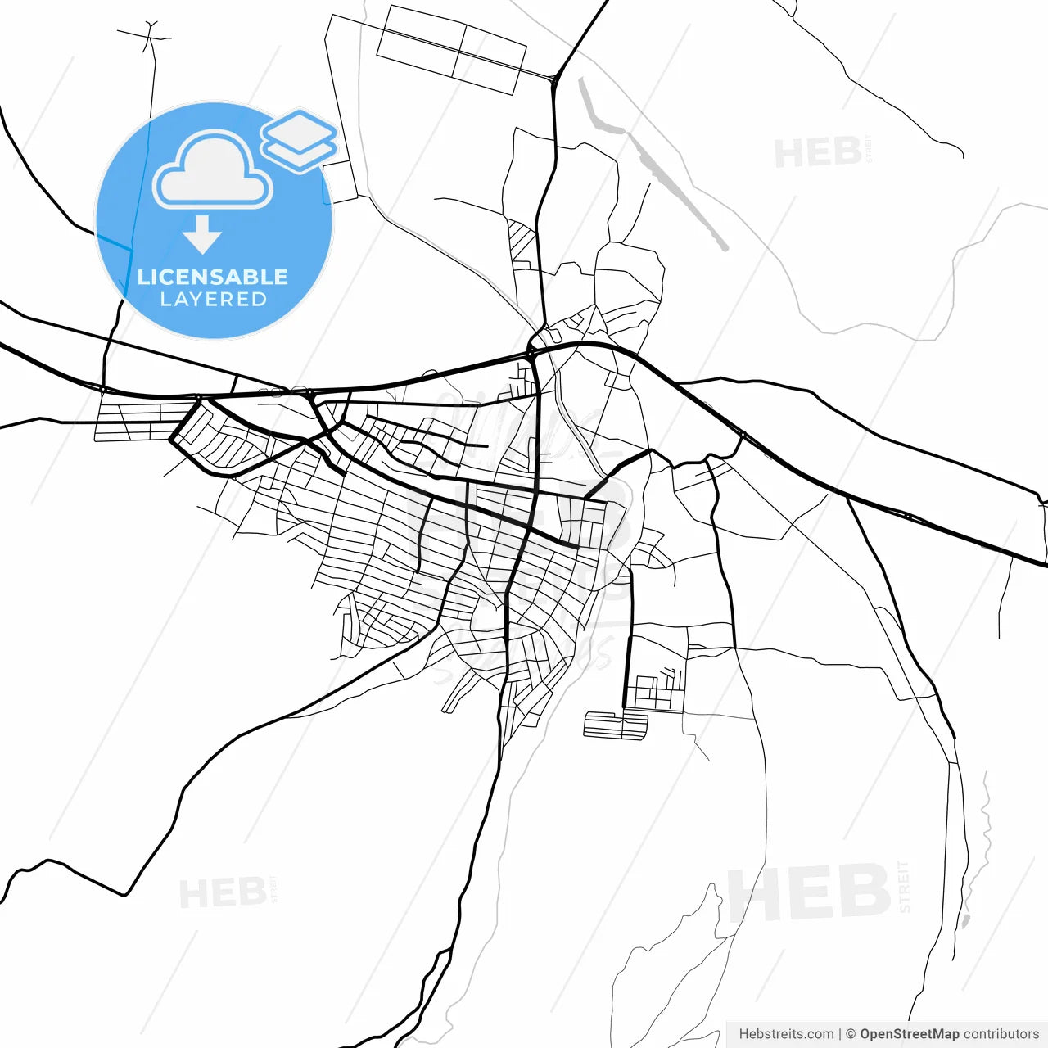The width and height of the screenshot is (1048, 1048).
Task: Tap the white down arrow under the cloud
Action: [x=202, y=235]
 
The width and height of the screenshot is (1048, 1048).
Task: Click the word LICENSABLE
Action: [x=213, y=277]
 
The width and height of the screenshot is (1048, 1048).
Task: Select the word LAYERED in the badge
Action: [x=213, y=300]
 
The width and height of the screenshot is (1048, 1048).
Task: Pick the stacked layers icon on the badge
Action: [x=300, y=139]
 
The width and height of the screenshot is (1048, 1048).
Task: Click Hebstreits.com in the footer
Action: [x=786, y=1034]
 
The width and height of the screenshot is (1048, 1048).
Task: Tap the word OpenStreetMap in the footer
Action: [x=909, y=1034]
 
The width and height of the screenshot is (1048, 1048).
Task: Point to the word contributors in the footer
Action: [x=1001, y=1034]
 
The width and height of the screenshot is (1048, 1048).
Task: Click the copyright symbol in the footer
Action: [x=851, y=1034]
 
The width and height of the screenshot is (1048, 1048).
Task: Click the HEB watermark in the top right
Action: [x=817, y=153]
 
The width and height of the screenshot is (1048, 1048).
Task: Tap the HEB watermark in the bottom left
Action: [x=222, y=893]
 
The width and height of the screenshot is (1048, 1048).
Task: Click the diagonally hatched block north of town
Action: [x=521, y=239]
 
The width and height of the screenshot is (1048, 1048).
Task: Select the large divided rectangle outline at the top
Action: [x=450, y=49]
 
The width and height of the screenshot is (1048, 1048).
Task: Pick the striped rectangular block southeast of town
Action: [x=615, y=725]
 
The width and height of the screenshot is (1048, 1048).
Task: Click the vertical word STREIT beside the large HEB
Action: [x=905, y=886]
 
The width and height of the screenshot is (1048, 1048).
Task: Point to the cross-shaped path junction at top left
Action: [x=150, y=37]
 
